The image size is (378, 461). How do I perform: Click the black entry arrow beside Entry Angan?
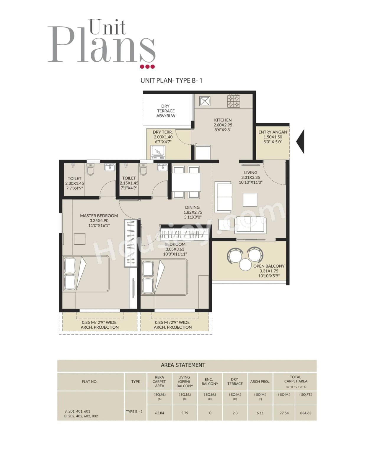(301, 141)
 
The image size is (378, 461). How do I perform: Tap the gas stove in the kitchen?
(233, 101)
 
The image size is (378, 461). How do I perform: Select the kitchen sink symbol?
(205, 101)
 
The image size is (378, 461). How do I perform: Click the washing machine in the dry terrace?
(158, 152)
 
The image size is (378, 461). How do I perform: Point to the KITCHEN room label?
(223, 120)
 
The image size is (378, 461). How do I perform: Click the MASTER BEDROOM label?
(99, 216)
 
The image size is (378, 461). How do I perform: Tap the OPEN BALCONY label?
(269, 266)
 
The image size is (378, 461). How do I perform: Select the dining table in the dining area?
(186, 182)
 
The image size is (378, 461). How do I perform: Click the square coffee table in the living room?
(250, 200)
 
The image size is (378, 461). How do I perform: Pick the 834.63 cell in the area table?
(306, 413)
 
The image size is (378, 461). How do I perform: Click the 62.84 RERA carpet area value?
(159, 413)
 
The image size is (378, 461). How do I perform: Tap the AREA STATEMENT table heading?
(183, 365)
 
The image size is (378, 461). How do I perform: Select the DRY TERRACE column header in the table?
(235, 381)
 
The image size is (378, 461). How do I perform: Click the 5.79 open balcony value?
(185, 413)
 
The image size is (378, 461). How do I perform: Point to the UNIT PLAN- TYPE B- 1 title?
(171, 80)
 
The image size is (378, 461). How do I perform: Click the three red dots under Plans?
(147, 67)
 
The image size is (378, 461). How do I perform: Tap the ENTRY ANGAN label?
(273, 132)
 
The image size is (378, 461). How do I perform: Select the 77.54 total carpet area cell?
(284, 413)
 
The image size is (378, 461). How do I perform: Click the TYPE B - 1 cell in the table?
(134, 411)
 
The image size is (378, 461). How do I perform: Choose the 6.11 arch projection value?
(260, 413)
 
